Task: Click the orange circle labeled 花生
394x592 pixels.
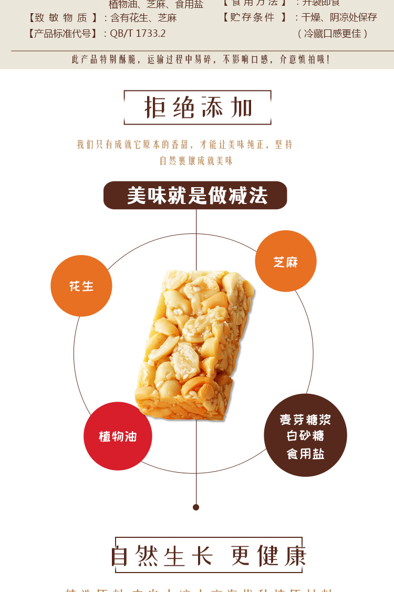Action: pos(81,286)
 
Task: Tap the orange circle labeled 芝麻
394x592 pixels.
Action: pos(286,261)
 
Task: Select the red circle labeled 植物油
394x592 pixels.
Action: pos(118,436)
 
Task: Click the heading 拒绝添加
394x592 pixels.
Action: pos(198,108)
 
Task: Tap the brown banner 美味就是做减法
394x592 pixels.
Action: pos(195,196)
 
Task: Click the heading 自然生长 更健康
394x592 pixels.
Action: pos(209,556)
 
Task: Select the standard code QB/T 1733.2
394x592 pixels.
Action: pos(138,33)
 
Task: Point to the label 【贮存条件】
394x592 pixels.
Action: pos(254,17)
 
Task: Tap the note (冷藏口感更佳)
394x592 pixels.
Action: pos(333,33)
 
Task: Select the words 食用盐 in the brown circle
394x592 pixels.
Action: pos(305,454)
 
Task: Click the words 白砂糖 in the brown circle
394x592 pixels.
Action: pos(305,436)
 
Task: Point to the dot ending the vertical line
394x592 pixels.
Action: pos(196,507)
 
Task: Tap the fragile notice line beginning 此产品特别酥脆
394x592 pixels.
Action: pos(201,59)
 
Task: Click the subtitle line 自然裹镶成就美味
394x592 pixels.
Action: pos(196,161)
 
